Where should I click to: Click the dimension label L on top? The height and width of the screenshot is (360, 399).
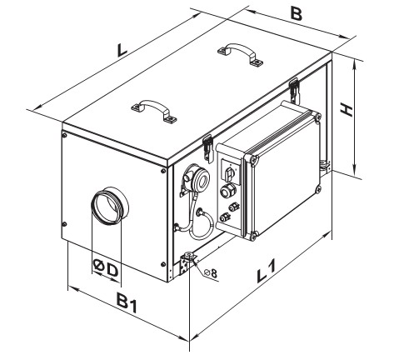click(122, 50)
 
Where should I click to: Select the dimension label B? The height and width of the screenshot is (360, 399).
click(297, 14)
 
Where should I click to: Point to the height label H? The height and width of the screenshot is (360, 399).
click(347, 110)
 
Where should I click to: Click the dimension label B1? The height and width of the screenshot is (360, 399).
click(127, 303)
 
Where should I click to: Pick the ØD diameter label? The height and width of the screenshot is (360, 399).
click(106, 268)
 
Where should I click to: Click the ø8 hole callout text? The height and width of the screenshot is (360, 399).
click(210, 273)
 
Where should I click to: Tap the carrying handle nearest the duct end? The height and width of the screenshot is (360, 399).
click(154, 110)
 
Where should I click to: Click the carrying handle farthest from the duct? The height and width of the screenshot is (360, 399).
click(241, 54)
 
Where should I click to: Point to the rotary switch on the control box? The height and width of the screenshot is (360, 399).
click(230, 173)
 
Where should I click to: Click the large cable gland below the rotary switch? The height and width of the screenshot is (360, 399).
click(227, 192)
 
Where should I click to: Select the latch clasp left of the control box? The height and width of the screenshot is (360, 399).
click(207, 148)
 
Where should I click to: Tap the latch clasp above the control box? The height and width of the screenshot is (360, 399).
click(294, 89)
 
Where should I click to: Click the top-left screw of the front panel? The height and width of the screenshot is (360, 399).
click(65, 135)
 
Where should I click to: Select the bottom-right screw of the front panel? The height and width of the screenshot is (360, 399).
click(163, 264)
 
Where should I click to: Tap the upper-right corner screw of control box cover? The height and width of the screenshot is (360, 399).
click(317, 117)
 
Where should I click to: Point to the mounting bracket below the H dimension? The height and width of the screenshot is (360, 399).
click(324, 165)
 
